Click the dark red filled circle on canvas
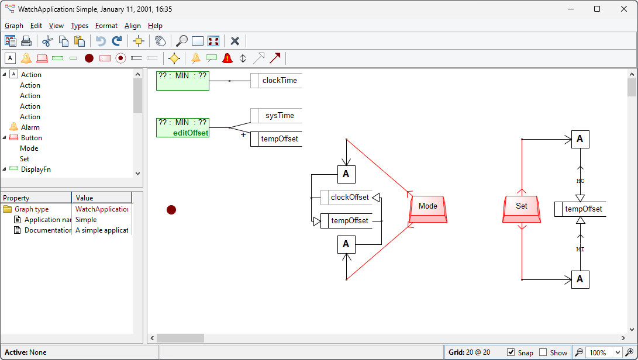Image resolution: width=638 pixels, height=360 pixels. [x=171, y=210]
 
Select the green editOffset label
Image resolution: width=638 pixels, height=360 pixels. [x=191, y=133]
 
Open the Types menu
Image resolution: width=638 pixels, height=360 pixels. [x=80, y=26]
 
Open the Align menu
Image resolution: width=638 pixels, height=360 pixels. [x=133, y=26]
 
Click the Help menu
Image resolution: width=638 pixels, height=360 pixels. [x=155, y=26]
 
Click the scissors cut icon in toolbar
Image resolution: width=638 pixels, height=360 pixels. [x=47, y=41]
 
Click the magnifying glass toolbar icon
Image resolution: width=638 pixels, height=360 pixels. [x=182, y=41]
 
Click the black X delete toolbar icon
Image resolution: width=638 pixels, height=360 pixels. [x=235, y=41]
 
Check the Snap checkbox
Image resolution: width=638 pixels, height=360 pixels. [x=511, y=352]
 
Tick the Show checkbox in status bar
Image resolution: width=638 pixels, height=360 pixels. [x=543, y=352]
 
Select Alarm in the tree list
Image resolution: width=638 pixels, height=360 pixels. [x=30, y=127]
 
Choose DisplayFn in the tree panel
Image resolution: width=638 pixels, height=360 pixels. [x=36, y=169]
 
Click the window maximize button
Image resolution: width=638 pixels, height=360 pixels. [x=596, y=9]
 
